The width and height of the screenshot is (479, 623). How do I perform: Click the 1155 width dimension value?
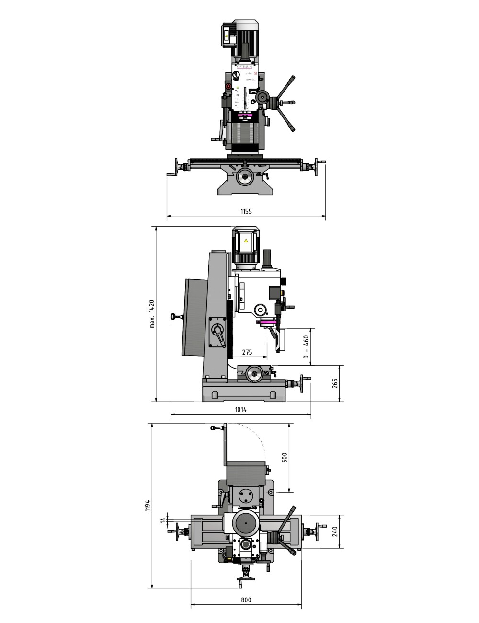coord(246,211)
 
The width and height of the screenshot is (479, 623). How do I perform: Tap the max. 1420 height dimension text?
coord(152,314)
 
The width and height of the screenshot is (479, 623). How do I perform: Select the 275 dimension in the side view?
coord(247,352)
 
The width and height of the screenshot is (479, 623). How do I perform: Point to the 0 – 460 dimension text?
coord(306,346)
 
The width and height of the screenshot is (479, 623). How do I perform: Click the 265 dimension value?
coord(335,383)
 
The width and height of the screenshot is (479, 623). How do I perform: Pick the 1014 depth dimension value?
coord(241,410)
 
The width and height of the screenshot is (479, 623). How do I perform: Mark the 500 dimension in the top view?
coord(284,458)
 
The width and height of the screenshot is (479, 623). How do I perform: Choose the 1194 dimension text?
coord(148,505)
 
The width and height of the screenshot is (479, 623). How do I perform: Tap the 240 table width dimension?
coord(335,531)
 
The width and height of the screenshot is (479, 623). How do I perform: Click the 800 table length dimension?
coord(246,600)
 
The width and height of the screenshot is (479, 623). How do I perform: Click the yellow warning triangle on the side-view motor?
coord(246,241)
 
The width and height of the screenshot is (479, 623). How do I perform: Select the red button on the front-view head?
coord(229,87)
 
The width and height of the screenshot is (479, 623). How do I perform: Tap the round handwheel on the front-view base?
coord(246,177)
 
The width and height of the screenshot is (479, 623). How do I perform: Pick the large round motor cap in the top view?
coord(246,523)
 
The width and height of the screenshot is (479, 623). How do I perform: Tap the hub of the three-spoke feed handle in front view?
coord(275,102)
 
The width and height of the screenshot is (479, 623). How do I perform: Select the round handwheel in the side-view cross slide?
coord(254,374)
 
